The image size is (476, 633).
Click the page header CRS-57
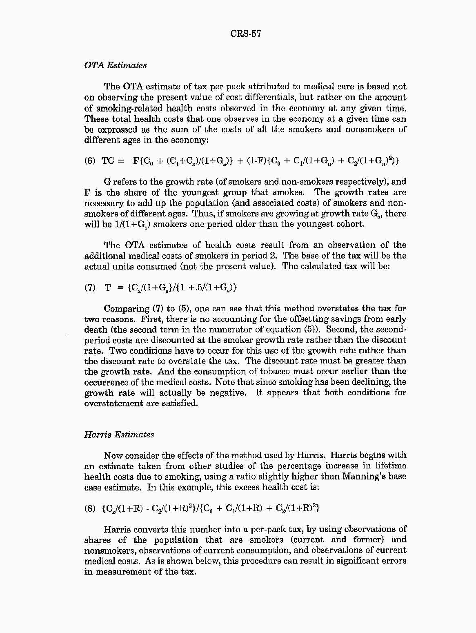[245, 34]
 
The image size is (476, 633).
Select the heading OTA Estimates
[115, 65]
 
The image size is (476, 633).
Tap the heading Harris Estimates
[119, 435]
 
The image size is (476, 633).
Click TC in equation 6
[108, 160]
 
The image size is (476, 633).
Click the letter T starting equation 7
[108, 288]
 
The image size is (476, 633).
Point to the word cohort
[350, 224]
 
